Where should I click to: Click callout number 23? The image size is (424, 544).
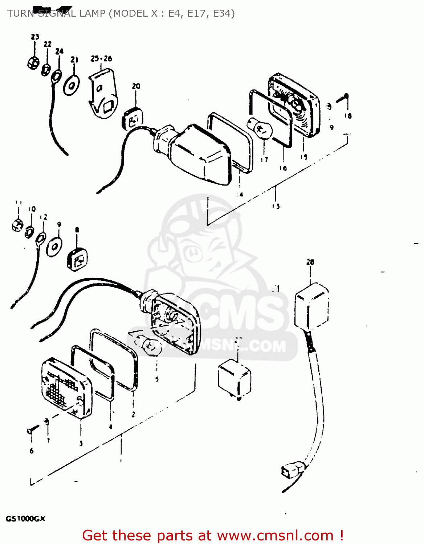tap(35, 37)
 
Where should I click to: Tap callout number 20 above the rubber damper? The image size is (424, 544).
tap(136, 86)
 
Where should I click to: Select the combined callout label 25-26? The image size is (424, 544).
tap(101, 58)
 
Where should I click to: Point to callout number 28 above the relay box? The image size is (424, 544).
tap(310, 262)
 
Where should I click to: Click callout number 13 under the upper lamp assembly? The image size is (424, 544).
tap(276, 206)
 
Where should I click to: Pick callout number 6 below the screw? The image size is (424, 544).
tap(32, 451)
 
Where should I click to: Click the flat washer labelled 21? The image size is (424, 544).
tap(72, 86)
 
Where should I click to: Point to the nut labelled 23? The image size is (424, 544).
tap(33, 63)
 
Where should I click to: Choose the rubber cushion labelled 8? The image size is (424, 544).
tap(77, 259)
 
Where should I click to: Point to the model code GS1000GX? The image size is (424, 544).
tap(25, 519)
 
